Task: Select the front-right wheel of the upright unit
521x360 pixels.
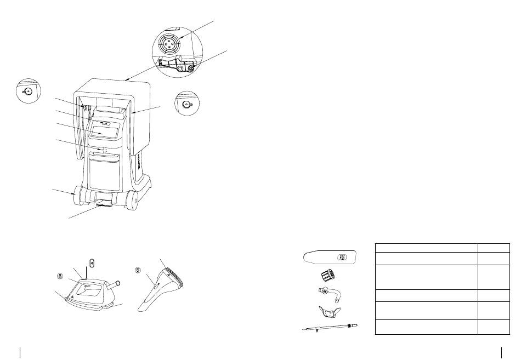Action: [133, 201]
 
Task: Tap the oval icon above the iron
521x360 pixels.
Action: [92, 263]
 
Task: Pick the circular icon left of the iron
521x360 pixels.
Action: [58, 276]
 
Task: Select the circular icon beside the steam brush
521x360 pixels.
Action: [138, 270]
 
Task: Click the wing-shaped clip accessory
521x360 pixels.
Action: [330, 312]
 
